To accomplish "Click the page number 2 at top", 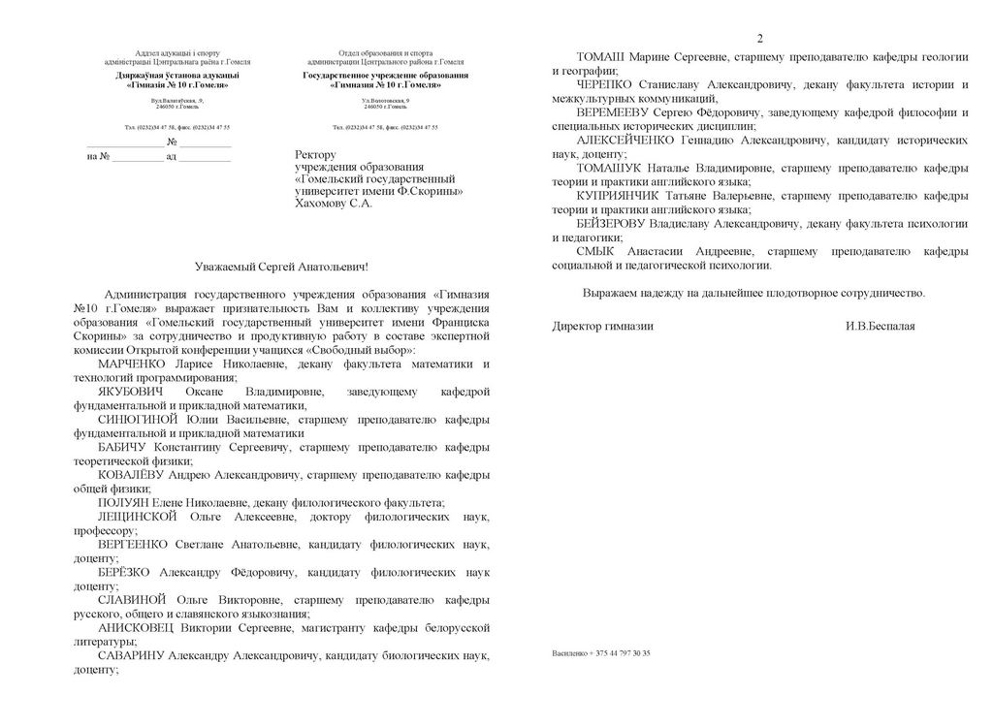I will (x=759, y=39).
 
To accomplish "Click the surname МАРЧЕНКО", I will (x=134, y=363).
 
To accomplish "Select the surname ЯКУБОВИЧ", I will (x=134, y=391).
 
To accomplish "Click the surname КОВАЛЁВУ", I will (x=132, y=475).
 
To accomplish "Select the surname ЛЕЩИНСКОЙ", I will (x=137, y=517).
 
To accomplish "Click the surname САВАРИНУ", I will (x=132, y=656).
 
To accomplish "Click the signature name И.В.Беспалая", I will (x=880, y=327).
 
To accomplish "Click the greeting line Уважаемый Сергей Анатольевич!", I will (x=281, y=266).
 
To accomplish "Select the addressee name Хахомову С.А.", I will (x=333, y=205).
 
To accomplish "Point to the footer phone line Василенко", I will (x=601, y=653).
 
